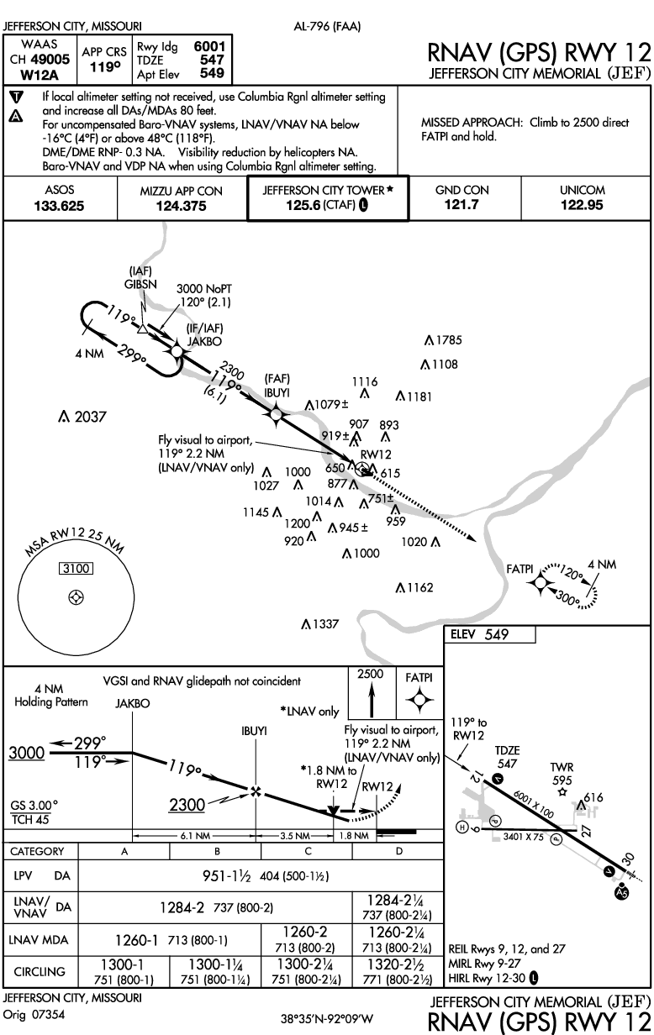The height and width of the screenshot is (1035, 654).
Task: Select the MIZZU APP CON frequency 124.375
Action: [x=181, y=206]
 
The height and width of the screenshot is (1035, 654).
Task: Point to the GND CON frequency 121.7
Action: [x=461, y=206]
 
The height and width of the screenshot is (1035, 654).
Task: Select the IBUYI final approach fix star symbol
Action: [x=276, y=412]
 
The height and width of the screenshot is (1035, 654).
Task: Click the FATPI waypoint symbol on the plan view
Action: [x=541, y=581]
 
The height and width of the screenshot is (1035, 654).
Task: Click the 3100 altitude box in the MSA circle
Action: [x=76, y=569]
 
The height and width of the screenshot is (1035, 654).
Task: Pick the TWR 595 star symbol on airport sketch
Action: [x=561, y=791]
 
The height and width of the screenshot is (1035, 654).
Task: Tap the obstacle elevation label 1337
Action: [x=324, y=624]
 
